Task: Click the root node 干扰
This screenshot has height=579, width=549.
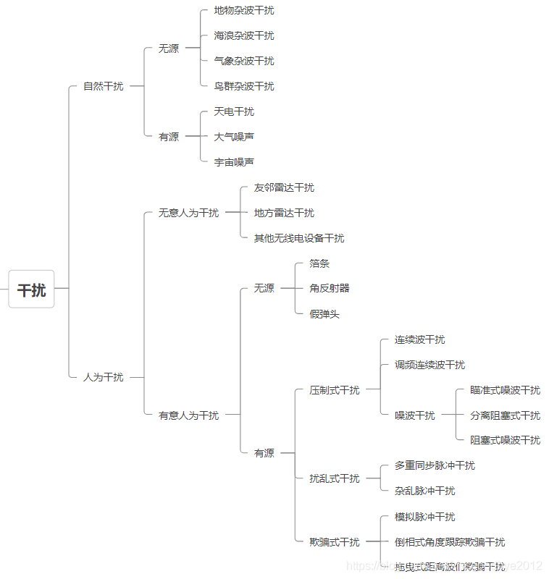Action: tap(31, 289)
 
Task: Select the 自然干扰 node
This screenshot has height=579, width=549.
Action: tap(103, 86)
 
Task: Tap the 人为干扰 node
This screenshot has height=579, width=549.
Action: tap(103, 377)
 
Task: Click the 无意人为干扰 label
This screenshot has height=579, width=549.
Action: tap(188, 213)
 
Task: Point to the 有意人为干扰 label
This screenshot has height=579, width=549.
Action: tap(188, 415)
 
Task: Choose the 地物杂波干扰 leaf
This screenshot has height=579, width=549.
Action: tap(244, 10)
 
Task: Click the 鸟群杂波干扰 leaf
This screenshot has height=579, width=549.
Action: tap(244, 86)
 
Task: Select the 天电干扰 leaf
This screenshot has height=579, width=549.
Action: tap(234, 111)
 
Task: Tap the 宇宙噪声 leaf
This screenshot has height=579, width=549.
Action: tap(234, 162)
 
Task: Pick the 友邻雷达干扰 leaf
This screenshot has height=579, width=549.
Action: tap(284, 187)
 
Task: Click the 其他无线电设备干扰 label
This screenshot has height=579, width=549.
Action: tap(299, 238)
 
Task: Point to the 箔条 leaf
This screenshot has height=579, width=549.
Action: tap(319, 263)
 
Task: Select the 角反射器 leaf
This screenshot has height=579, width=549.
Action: tap(330, 288)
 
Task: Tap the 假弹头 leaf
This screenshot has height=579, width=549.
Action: tap(324, 314)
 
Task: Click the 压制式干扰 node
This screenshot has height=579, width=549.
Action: tap(335, 390)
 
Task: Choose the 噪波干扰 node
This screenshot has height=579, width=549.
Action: tap(415, 415)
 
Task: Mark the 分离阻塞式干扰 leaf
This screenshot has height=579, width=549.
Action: tap(505, 415)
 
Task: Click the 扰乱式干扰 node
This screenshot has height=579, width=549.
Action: tap(335, 478)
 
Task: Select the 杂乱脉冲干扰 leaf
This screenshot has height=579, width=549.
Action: tap(424, 491)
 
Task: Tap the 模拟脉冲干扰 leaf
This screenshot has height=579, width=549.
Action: tap(424, 517)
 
